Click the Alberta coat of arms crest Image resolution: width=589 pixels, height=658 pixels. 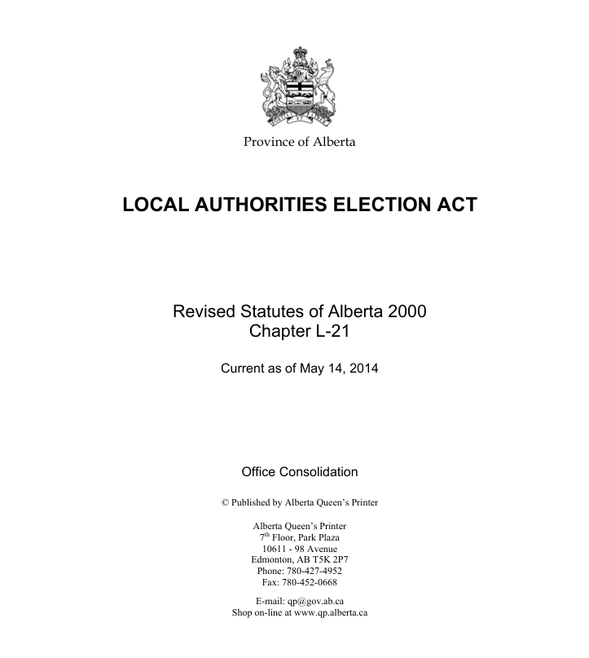coord(299,87)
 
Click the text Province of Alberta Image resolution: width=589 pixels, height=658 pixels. coord(299,142)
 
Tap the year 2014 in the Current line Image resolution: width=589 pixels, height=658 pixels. coord(363,369)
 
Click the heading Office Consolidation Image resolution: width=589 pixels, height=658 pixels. coord(299,472)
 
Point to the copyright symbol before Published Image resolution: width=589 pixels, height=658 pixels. coord(225,502)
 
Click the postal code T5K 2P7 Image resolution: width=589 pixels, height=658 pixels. coord(332,559)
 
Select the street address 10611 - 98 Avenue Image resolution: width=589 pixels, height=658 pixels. coord(299,548)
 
